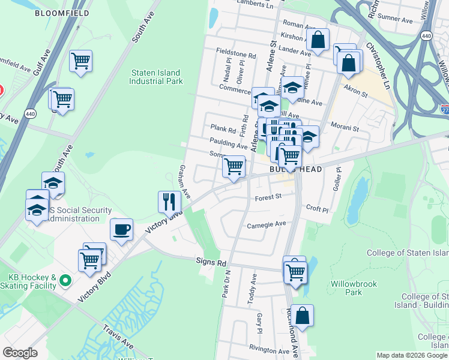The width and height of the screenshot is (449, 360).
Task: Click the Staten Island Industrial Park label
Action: coord(156,77)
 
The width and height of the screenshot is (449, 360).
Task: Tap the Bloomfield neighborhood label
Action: coord(62,13)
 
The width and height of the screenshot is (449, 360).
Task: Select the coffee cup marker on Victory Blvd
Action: coord(121,230)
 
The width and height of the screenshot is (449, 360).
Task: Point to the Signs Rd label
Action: coord(211,262)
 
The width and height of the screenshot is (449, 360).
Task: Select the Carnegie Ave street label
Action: coord(267,225)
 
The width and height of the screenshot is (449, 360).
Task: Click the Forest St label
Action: coord(268,196)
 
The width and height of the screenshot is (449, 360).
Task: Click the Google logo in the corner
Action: coord(20,353)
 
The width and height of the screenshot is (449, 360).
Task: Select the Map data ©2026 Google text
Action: coord(411,355)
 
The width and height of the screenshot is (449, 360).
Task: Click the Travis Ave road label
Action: coord(118,337)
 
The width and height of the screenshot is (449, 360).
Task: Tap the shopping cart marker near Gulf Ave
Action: coord(80,61)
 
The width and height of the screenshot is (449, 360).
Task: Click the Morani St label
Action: coord(345,128)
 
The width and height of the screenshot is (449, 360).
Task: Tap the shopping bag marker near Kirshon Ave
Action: coord(318,40)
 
